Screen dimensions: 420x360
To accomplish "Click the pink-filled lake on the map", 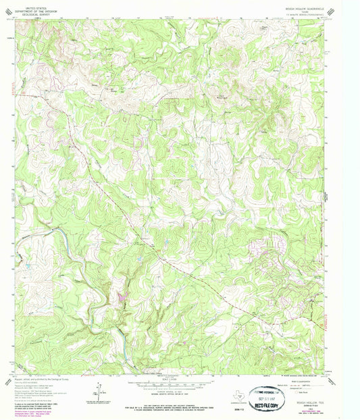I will click(122, 296).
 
